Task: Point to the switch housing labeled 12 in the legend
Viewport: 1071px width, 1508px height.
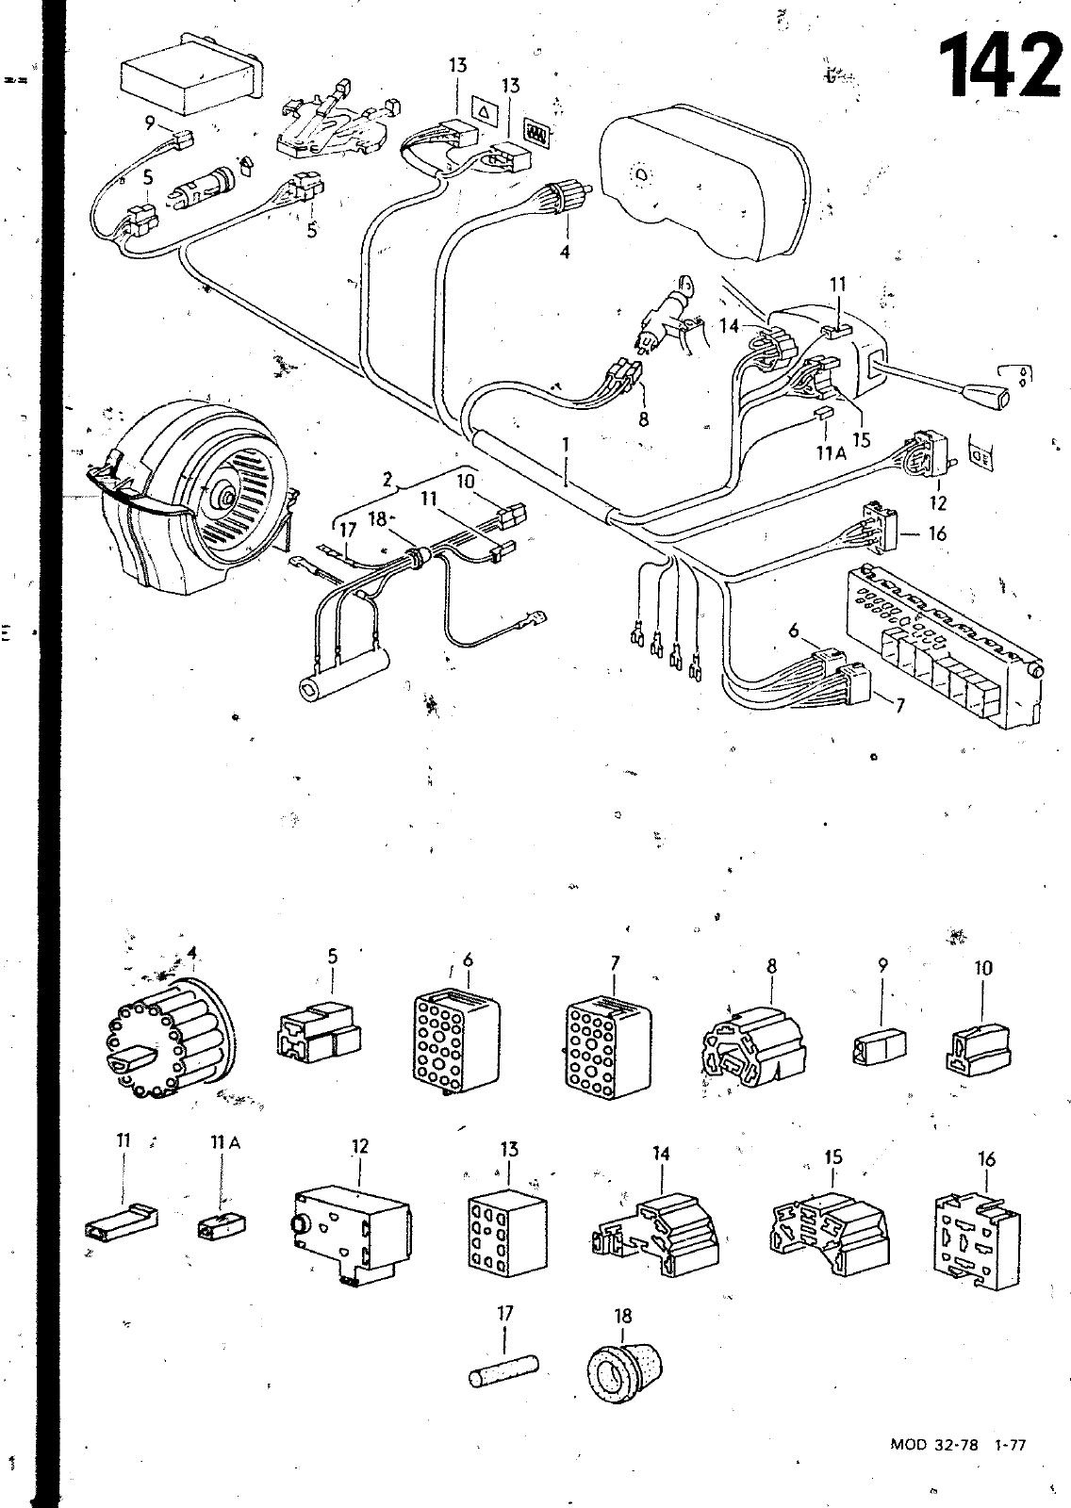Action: (348, 1231)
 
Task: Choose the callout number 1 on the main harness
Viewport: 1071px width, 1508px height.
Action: (566, 443)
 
